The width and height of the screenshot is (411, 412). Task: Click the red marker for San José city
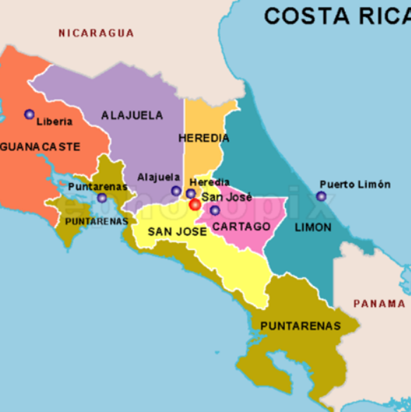point(195,204)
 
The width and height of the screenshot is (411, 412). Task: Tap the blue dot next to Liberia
point(29,114)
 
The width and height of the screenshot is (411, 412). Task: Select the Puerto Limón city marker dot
point(321,196)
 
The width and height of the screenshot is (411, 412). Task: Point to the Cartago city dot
point(215,210)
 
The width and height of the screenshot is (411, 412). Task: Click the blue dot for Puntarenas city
point(102,198)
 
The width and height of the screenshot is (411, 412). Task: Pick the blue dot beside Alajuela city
point(176,190)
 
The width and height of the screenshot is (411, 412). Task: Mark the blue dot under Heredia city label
point(191,194)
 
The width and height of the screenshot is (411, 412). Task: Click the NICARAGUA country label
point(96,33)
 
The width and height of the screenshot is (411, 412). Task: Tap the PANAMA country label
point(379,304)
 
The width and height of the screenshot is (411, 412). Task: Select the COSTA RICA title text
point(336,15)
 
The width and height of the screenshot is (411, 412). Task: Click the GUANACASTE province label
point(41,146)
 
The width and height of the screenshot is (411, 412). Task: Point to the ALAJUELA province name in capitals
point(132,115)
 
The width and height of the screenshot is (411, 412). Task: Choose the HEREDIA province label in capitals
point(204,137)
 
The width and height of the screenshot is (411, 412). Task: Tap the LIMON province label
point(313,227)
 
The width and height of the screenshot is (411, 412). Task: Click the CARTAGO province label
point(241,226)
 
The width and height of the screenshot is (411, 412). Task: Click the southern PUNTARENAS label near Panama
point(301,326)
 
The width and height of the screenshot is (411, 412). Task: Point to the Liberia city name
point(54,121)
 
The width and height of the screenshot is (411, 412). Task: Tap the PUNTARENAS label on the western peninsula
point(96,220)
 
